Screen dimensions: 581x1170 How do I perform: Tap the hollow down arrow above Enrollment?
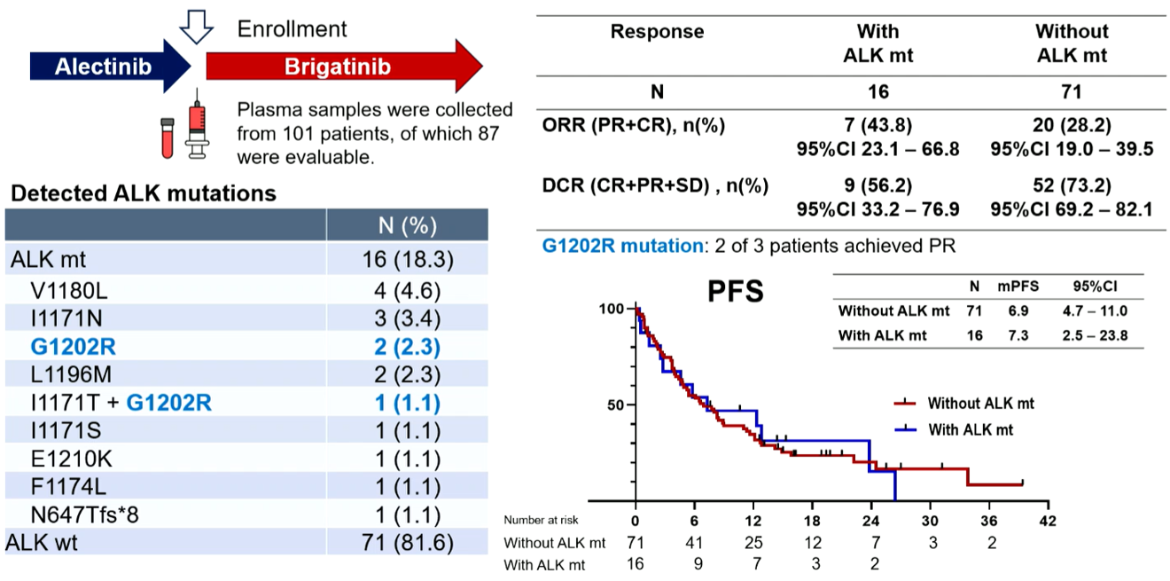click(x=196, y=27)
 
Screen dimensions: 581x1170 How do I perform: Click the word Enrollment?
click(x=292, y=29)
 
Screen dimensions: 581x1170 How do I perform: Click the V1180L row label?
click(x=70, y=290)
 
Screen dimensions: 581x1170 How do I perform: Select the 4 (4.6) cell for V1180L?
click(x=407, y=290)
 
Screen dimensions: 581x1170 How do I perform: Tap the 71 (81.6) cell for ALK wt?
click(x=407, y=542)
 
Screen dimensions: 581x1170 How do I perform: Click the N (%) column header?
click(x=407, y=225)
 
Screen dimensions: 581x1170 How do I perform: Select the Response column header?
click(x=657, y=32)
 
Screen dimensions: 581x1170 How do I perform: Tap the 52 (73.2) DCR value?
click(x=1072, y=186)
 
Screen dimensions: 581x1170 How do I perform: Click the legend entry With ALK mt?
click(x=971, y=429)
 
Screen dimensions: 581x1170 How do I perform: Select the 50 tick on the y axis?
click(x=619, y=404)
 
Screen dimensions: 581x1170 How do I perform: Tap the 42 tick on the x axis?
click(x=1048, y=520)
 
